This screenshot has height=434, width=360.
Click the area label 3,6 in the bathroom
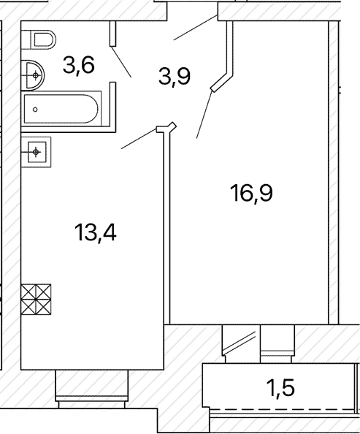tap(79, 66)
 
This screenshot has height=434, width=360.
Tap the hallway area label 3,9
tap(175, 77)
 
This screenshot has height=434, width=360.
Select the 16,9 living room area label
tap(251, 194)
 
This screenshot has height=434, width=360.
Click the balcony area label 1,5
tap(280, 387)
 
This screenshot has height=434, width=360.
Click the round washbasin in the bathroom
tap(33, 75)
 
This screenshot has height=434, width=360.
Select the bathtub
tap(62, 108)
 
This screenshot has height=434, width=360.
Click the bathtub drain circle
tap(35, 110)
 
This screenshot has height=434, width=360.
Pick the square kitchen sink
tap(37, 152)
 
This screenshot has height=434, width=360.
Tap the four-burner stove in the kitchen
tap(37, 300)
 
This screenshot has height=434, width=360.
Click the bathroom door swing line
tap(121, 61)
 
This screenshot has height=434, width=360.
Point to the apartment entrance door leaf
tap(196, 28)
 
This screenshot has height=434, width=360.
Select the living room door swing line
tap(204, 114)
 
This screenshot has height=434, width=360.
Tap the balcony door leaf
tap(240, 343)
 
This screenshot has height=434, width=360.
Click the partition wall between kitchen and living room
tap(167, 227)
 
